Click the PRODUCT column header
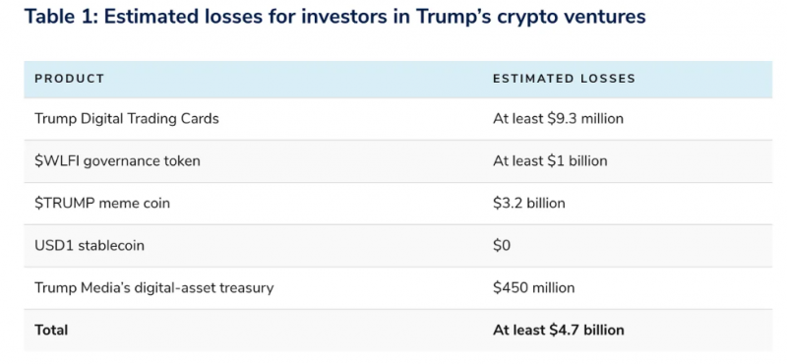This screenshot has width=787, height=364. pyautogui.click(x=69, y=79)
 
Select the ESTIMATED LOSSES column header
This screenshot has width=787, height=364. pyautogui.click(x=564, y=79)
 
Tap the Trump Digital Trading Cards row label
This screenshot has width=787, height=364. pyautogui.click(x=127, y=119)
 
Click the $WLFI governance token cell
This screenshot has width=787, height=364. pyautogui.click(x=117, y=161)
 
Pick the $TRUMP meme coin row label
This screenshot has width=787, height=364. pyautogui.click(x=102, y=204)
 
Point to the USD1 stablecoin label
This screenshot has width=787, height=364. pyautogui.click(x=90, y=246)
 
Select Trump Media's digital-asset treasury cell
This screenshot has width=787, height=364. pyautogui.click(x=154, y=288)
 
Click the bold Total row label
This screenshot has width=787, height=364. pyautogui.click(x=51, y=331)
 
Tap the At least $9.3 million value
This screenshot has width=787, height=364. pyautogui.click(x=558, y=119)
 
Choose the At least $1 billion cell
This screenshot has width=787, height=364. pyautogui.click(x=550, y=161)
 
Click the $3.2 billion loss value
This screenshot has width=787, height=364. pyautogui.click(x=529, y=204)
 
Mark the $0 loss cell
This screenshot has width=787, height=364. pyautogui.click(x=502, y=246)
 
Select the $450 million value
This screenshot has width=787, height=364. pyautogui.click(x=533, y=288)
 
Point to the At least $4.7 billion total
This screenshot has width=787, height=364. pyautogui.click(x=559, y=331)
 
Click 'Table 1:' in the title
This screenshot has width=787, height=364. pyautogui.click(x=61, y=17)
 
